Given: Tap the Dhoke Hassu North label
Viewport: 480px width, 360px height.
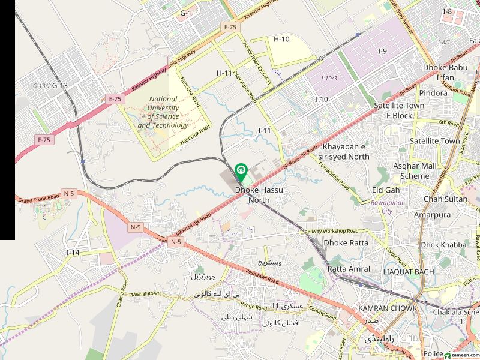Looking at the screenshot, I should pos(259,194).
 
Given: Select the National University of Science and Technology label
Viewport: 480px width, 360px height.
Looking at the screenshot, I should pos(163,112).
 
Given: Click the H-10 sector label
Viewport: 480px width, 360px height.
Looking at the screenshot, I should pos(281,39).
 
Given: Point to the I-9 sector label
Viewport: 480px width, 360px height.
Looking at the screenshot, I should pos(382,51).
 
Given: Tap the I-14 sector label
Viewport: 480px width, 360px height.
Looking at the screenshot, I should pos(73,253).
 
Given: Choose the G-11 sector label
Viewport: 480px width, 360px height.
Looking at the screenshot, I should pos(188,13).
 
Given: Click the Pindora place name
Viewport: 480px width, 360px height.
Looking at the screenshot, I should pos(433,93).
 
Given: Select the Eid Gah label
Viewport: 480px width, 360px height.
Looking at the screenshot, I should pos(386,190).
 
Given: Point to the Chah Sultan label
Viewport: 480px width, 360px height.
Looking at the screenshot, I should pos(445,199).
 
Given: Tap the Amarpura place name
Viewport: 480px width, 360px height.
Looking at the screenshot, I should pos(431,214).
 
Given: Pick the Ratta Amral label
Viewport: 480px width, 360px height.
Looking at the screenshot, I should pos(349,269).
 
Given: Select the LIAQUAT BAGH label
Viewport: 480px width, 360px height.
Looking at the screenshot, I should pos(408,272).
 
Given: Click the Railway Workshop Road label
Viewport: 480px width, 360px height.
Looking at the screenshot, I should pos(331,231).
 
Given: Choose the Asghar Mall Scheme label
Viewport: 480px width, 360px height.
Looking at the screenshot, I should pos(415,170).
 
